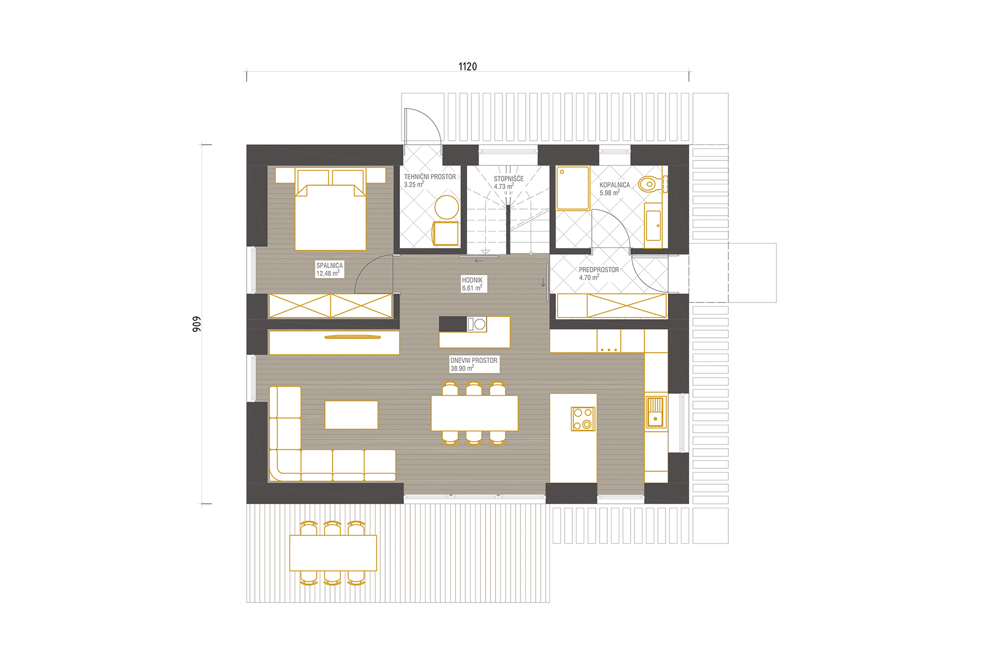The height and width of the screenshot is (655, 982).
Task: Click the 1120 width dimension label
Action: pos(468,67)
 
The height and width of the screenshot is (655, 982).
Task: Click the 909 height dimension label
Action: pos(196,324)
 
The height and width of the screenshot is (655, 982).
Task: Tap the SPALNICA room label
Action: pos(330,266)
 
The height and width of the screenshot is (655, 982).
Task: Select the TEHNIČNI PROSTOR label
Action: pos(430,177)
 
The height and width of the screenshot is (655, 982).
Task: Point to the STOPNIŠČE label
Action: pos(508,178)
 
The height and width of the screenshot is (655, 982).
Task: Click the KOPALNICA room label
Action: pos(614,185)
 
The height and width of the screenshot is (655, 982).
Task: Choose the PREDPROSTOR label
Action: pos(598,270)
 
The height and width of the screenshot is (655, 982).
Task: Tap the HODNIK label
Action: pos(472,280)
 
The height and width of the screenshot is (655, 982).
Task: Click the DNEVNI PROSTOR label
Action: pos(474,360)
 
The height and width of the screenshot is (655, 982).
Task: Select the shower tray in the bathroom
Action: pos(573,188)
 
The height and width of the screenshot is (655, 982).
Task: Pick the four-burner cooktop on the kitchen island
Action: pos(583,419)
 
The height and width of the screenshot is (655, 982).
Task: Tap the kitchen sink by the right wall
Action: pos(655,412)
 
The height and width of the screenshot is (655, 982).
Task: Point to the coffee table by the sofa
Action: pos(351,415)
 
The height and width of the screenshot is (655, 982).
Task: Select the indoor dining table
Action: pos(475,413)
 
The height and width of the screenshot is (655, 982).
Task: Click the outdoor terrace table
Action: pos(333,553)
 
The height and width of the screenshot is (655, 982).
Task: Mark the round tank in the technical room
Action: pos(447,207)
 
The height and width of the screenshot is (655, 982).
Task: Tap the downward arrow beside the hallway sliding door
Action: pos(543,282)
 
